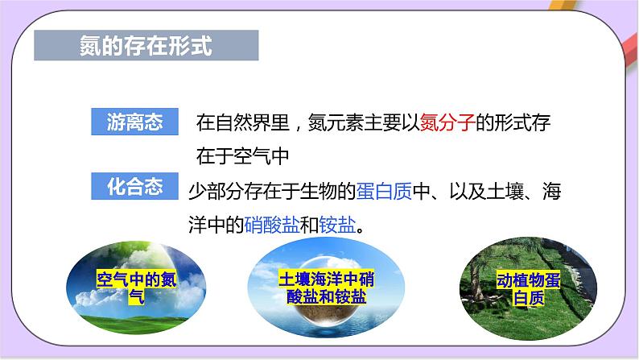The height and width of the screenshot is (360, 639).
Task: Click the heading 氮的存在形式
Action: point(147,46)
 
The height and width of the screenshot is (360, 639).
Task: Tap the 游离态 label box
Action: point(135,122)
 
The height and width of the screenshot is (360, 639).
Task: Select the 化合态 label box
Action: point(135,187)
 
